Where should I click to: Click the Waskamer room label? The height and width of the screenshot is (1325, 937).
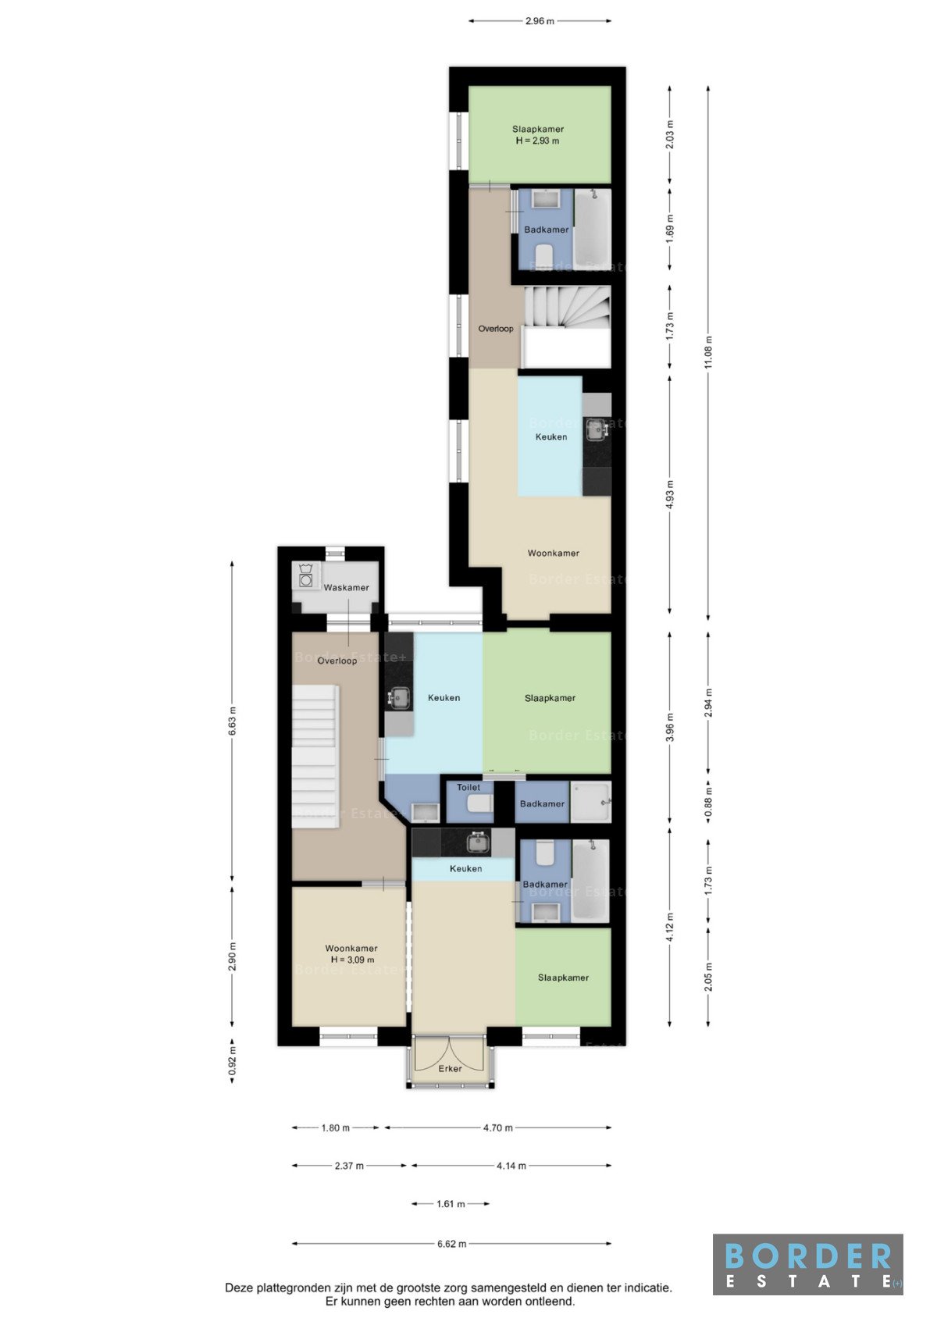[x=346, y=587]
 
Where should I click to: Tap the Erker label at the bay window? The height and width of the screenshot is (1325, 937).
[x=451, y=1068]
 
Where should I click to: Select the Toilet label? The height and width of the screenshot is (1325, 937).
[x=468, y=787]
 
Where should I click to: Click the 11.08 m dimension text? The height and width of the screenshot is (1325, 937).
[x=708, y=353]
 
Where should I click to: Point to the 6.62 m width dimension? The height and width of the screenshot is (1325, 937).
[x=452, y=1243]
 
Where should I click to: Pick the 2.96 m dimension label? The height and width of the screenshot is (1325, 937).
[x=540, y=21]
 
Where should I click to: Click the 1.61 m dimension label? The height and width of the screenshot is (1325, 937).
[x=451, y=1203]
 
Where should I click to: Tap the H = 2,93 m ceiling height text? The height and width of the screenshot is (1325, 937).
[x=537, y=141]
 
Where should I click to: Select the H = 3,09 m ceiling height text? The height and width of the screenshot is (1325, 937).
[x=352, y=960]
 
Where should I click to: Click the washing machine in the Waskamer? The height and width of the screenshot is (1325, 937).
[x=306, y=575]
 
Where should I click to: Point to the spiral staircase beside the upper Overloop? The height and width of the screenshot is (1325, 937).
[x=568, y=306]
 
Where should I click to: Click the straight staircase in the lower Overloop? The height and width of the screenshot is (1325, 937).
[x=315, y=757]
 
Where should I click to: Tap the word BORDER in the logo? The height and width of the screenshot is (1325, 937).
[x=807, y=1256]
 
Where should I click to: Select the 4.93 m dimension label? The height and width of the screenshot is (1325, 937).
[x=670, y=494]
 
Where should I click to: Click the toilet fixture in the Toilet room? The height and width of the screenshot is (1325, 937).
[x=479, y=803]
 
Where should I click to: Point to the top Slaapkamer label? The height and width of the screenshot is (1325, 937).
[x=538, y=129]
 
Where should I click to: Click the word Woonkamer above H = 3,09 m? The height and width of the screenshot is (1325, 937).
[x=351, y=948]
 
